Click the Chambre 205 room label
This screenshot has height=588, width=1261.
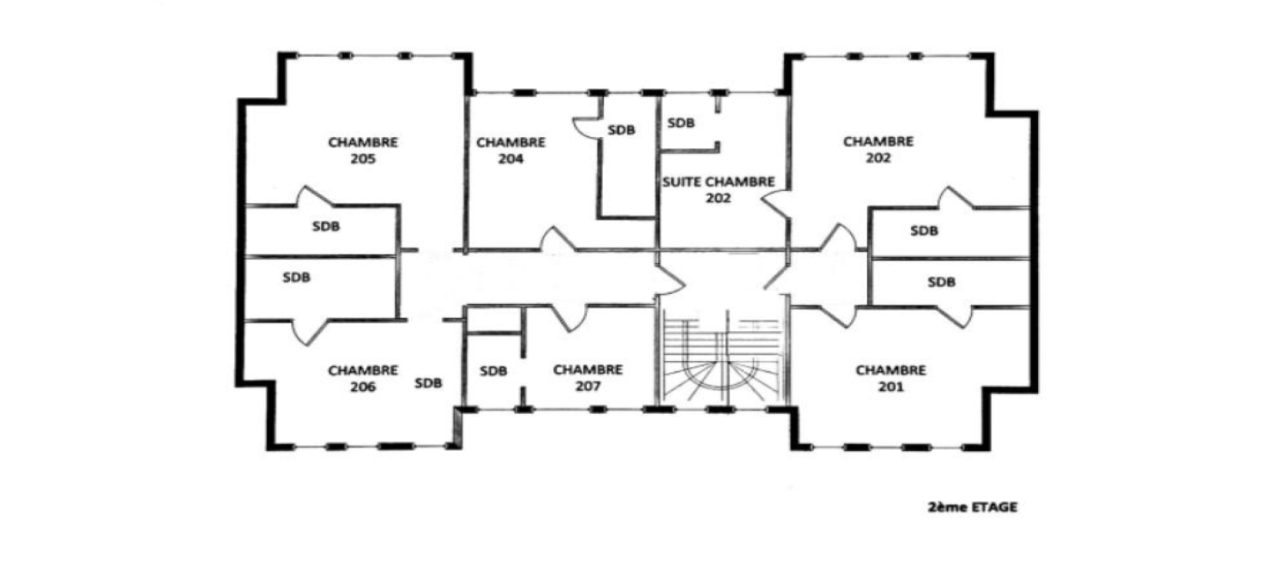click(x=363, y=151)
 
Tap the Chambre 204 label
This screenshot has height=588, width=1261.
click(x=511, y=151)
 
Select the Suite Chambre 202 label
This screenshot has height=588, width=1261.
click(x=719, y=190)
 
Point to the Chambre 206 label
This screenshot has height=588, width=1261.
click(x=363, y=378)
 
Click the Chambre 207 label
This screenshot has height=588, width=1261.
click(x=588, y=378)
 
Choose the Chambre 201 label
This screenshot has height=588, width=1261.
click(x=891, y=378)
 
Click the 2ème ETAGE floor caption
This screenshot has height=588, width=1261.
click(x=973, y=508)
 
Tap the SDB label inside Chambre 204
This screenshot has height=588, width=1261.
click(x=622, y=130)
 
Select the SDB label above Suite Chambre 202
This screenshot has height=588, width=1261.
click(x=681, y=123)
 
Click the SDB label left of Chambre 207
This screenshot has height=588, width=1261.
click(x=493, y=371)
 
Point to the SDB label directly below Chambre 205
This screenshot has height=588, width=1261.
click(x=326, y=226)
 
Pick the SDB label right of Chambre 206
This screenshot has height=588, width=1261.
click(x=429, y=383)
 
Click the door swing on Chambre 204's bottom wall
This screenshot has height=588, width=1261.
click(x=557, y=240)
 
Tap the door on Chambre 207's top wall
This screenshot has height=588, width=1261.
click(x=567, y=317)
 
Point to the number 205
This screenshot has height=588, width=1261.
click(x=363, y=159)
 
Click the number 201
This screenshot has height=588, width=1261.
click(x=891, y=387)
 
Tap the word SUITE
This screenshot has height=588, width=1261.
click(x=682, y=182)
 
